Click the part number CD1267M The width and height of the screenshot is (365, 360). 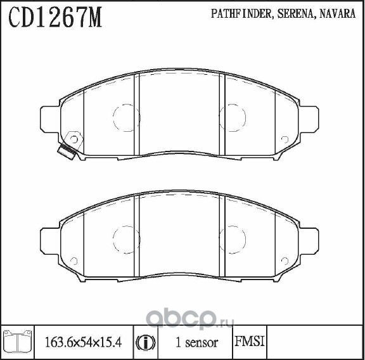[55, 17]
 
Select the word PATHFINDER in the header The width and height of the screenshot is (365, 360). [241, 14]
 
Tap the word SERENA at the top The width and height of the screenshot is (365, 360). [295, 14]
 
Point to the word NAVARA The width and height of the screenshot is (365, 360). [337, 13]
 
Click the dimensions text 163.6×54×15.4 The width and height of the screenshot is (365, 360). [83, 342]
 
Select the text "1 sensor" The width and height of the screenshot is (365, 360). [196, 342]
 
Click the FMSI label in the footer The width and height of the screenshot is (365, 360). [250, 342]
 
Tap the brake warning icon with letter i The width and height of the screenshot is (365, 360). [146, 343]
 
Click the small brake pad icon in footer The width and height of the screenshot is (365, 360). [18, 341]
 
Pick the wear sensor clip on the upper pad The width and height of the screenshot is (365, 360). [70, 146]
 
